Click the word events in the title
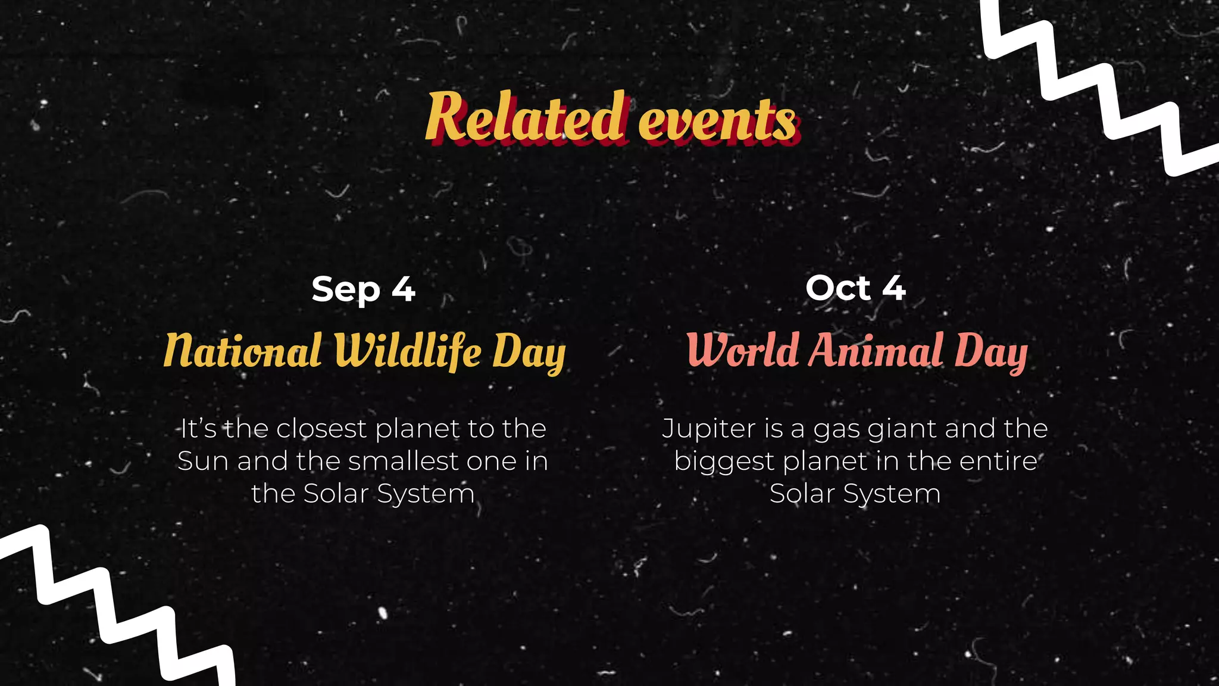click(717, 121)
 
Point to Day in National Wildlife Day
click(529, 353)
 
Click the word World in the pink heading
click(742, 350)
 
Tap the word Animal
click(876, 350)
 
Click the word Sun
click(202, 461)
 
